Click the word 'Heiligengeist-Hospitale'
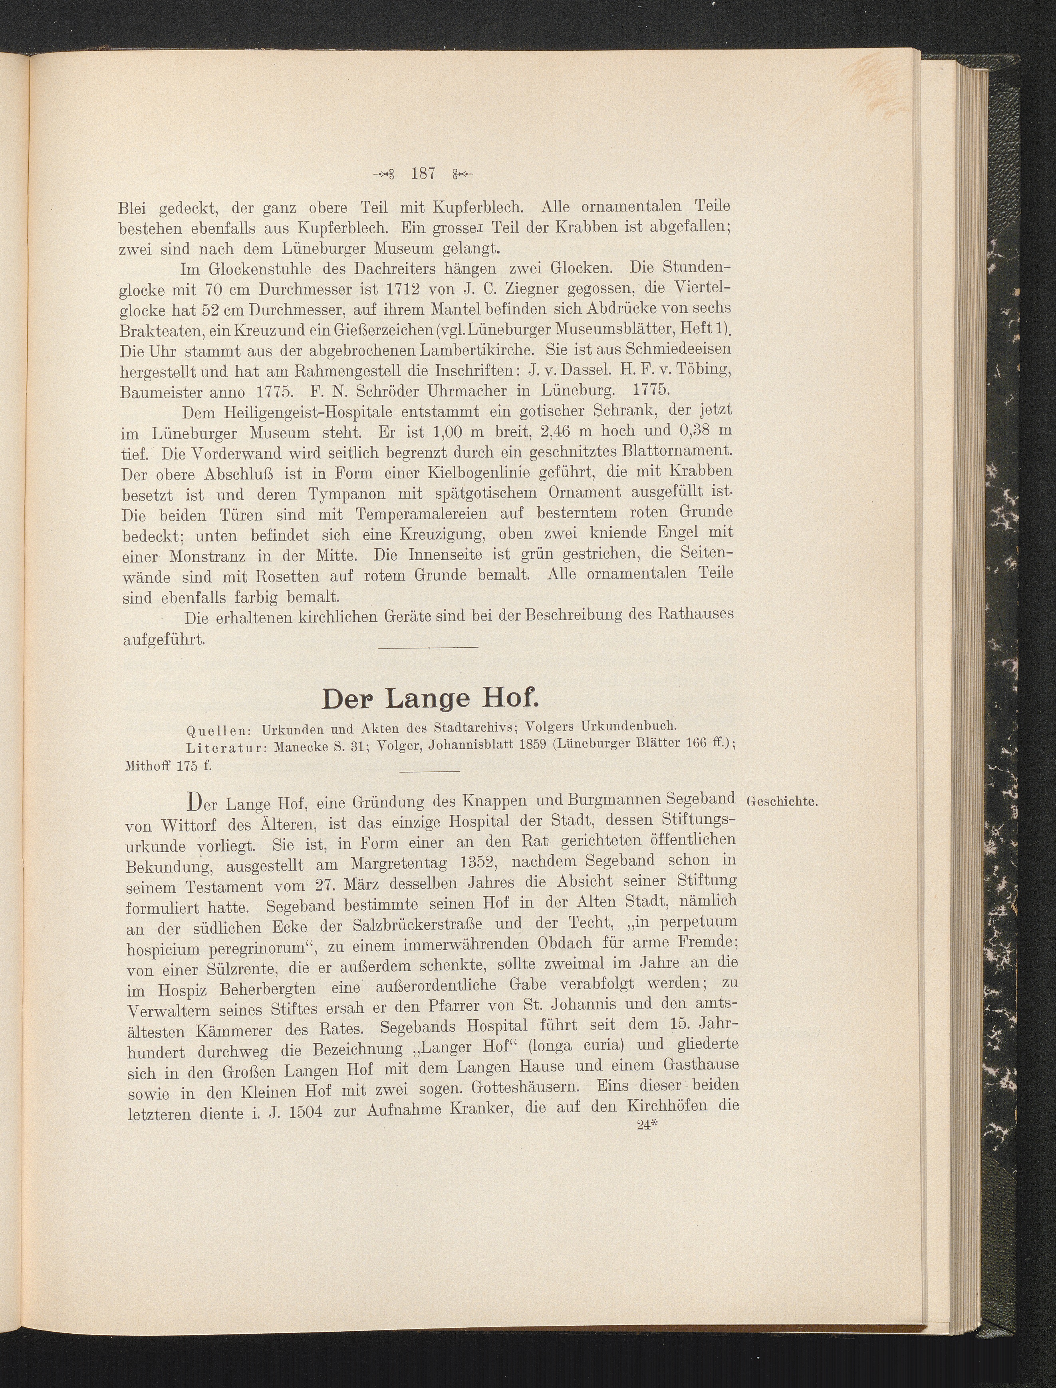tap(296, 413)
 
